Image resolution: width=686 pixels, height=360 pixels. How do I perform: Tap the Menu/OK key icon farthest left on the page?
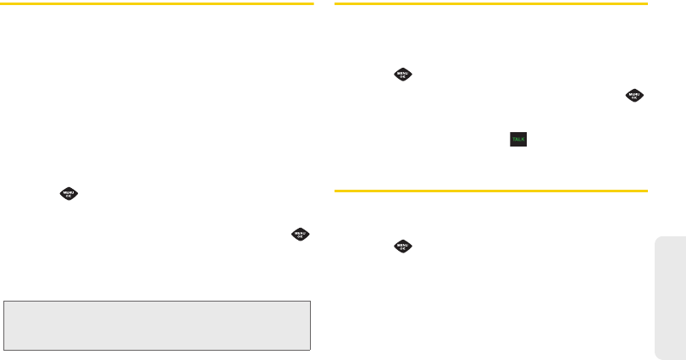point(67,193)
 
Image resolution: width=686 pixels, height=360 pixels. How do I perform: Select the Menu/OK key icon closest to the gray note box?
point(301,235)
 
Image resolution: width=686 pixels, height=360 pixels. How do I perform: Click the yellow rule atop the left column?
point(157,4)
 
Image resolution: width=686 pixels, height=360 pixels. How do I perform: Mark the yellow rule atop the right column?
point(491,4)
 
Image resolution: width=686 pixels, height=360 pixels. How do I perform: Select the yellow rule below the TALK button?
point(491,191)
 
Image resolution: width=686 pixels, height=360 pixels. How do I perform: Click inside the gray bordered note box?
point(157,324)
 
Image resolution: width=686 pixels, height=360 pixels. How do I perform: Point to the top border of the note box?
point(157,300)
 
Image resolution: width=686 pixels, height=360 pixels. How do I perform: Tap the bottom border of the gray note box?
point(157,349)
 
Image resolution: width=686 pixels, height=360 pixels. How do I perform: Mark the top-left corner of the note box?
point(4,300)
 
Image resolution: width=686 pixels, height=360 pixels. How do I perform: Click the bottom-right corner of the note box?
point(310,349)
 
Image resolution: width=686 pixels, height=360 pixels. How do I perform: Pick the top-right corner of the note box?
point(310,300)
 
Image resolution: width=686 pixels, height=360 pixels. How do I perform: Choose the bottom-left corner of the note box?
point(4,349)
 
